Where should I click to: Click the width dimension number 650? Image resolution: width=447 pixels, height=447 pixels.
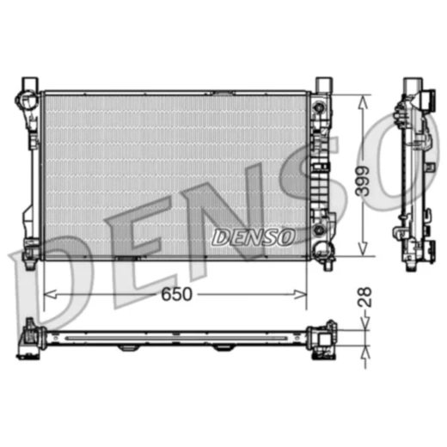click(175, 294)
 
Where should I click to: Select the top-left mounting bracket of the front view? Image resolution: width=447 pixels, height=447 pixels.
click(28, 89)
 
